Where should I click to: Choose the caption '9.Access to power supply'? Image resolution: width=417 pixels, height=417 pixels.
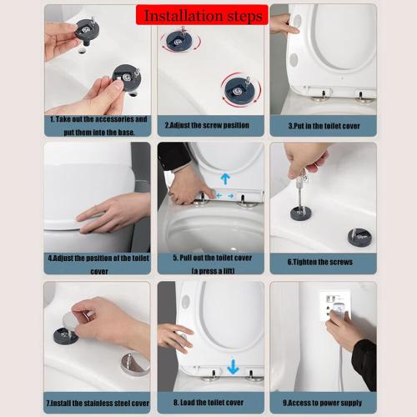tap(323, 401)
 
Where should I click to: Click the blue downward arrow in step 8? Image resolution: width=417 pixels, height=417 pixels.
tap(233, 365)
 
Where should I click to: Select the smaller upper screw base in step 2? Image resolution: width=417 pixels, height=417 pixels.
tap(178, 38)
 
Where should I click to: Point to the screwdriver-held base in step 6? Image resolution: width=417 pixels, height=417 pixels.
tap(301, 213)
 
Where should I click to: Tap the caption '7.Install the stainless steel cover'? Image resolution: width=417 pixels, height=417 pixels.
tap(97, 401)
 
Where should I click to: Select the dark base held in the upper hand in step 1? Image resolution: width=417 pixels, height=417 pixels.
tap(86, 30)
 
